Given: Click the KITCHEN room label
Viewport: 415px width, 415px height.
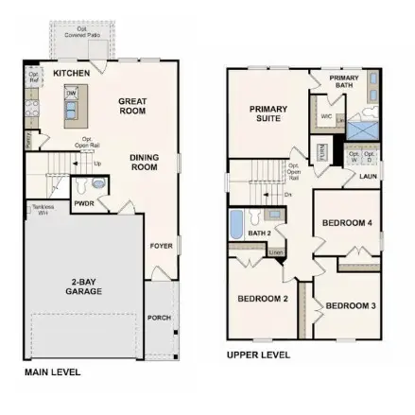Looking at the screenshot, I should pyautogui.click(x=72, y=73).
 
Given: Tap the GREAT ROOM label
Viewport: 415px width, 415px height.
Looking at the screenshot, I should pyautogui.click(x=132, y=105).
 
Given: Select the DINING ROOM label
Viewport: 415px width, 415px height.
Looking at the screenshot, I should pyautogui.click(x=144, y=162).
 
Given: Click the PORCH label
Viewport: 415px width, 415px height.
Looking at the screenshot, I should pyautogui.click(x=159, y=318).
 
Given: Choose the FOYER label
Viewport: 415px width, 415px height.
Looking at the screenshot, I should pyautogui.click(x=161, y=246).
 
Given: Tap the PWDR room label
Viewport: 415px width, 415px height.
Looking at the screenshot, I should pyautogui.click(x=84, y=203).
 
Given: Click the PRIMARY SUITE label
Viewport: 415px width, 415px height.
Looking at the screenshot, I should pyautogui.click(x=268, y=113).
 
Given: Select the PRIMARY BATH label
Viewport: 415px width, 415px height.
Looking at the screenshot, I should pyautogui.click(x=343, y=80).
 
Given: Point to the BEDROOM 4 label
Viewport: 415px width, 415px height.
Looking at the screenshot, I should pyautogui.click(x=347, y=223).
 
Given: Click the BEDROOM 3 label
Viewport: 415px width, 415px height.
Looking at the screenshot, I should pyautogui.click(x=351, y=305).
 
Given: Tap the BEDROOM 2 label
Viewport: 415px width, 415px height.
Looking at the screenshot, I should pyautogui.click(x=262, y=299).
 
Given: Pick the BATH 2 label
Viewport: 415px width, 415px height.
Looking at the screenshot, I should pyautogui.click(x=259, y=232).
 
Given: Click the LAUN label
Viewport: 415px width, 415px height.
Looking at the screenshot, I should pyautogui.click(x=368, y=175).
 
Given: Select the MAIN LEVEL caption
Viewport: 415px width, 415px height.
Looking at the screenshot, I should pyautogui.click(x=52, y=372).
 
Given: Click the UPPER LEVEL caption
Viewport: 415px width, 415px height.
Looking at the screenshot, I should pyautogui.click(x=258, y=355).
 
